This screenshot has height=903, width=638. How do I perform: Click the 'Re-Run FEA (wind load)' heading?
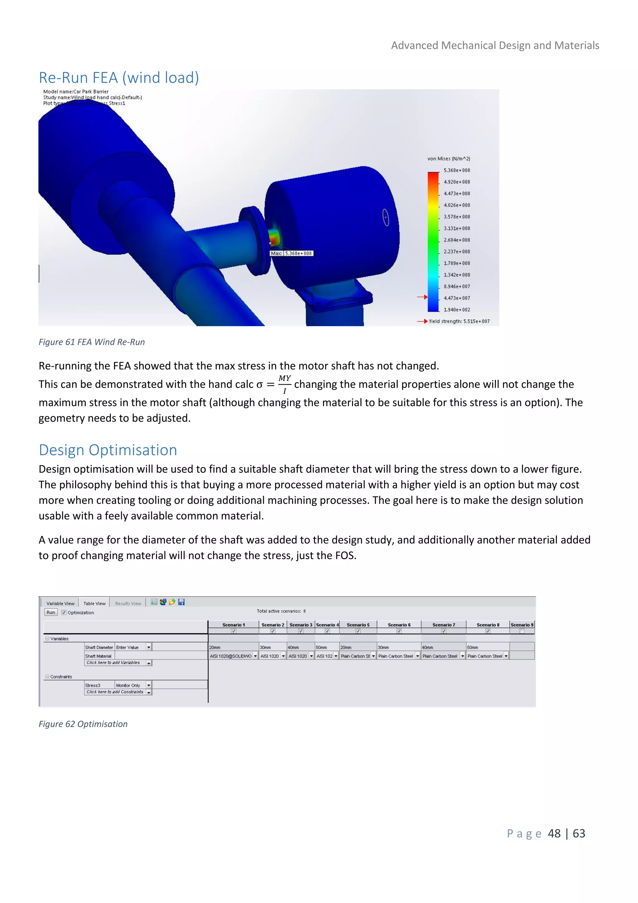[119, 78]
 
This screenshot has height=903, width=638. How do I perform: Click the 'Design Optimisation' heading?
[108, 450]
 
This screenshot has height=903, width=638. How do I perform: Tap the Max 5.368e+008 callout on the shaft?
[292, 253]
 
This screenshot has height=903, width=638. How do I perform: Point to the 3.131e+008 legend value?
[456, 229]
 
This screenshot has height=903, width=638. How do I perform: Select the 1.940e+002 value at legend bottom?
[456, 310]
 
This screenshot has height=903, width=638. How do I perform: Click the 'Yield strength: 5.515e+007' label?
[459, 321]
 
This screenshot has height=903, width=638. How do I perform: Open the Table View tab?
[94, 603]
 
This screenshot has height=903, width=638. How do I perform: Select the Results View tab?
[128, 603]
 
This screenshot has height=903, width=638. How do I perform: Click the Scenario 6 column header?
[399, 625]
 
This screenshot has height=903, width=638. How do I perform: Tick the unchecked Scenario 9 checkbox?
[522, 631]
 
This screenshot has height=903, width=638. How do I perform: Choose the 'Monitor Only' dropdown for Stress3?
[133, 685]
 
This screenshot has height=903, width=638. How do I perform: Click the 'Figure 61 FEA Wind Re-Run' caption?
[92, 342]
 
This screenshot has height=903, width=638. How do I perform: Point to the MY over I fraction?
[284, 384]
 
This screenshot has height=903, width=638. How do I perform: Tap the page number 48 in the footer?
[554, 833]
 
